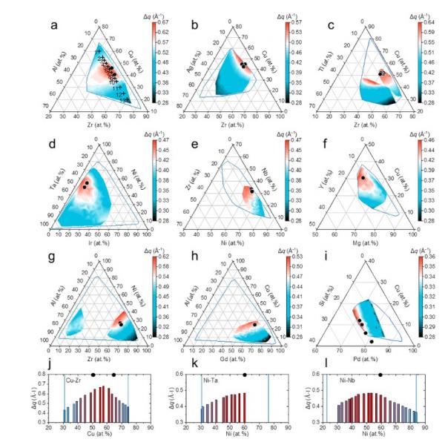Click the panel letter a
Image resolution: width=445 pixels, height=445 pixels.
(x=53, y=30)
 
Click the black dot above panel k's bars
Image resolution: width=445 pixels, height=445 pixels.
(x=245, y=375)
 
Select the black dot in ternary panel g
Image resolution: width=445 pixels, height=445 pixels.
(x=120, y=324)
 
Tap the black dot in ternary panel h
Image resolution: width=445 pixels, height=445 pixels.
(x=254, y=324)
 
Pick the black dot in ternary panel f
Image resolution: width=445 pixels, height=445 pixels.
(x=362, y=178)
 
